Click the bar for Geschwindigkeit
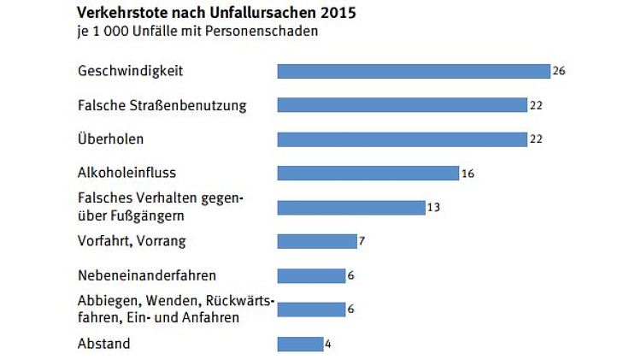coord(413,71)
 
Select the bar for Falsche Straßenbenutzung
coord(402,105)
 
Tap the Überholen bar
coord(402,139)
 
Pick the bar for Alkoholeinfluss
coord(368,174)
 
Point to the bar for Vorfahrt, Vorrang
coord(316,241)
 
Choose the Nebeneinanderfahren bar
coord(311,275)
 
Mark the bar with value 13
coord(350,208)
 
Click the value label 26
coord(559,71)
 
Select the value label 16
coord(468,174)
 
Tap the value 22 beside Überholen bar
coord(537,139)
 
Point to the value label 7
coord(362,241)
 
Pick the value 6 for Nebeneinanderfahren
coord(351,275)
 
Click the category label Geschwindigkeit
coord(130,71)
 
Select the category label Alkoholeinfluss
coord(126,173)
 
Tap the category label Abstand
coord(103,344)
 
